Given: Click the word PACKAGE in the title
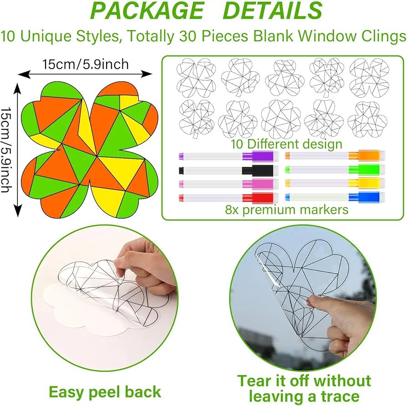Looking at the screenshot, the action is pos(147,10).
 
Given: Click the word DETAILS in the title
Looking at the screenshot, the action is pos(272,10).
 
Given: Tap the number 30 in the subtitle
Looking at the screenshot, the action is pos(187,36).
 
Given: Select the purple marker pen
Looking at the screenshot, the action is pos(229,156).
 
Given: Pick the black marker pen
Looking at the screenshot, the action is pos(229,170).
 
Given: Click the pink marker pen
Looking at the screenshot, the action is pos(229,184).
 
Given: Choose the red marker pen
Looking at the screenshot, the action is pos(229,198).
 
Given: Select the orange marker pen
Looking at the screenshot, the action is pos(335,155).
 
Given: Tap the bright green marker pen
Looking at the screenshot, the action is pos(335,170).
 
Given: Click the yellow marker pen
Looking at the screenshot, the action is pos(335,183).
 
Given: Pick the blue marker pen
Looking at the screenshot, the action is pos(335,197).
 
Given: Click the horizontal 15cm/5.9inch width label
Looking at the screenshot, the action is pos(86,64).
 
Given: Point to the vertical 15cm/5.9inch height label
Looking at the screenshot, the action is pos(6,150).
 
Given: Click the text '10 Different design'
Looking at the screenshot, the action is pos(286,144).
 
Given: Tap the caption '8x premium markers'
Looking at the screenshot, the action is pos(286,210).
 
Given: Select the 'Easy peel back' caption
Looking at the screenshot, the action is pos(105,392).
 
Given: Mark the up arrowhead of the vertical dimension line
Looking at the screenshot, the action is pos(17,88).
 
